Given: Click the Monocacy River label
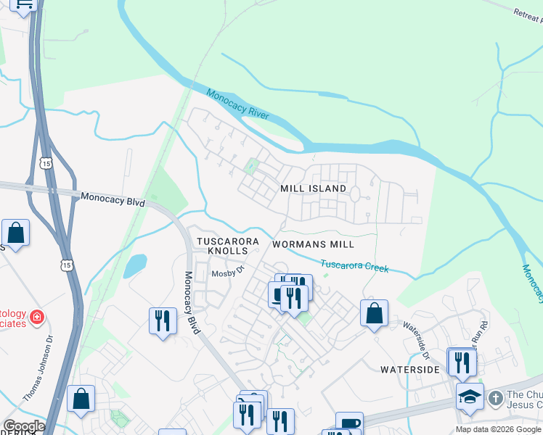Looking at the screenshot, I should tap(238, 105).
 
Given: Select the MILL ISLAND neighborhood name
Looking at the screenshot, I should tap(314, 188).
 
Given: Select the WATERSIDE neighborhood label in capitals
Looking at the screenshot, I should tap(410, 370).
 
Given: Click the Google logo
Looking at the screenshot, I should tap(23, 426).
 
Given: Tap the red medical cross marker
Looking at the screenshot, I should tap(36, 318).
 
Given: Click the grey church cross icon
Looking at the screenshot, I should tap(495, 398).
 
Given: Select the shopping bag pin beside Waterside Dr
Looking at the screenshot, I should tap(374, 313).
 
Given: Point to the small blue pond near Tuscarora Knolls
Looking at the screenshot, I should tap(134, 266).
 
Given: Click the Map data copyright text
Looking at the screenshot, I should tap(499, 429).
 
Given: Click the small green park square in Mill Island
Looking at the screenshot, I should tap(252, 167).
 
